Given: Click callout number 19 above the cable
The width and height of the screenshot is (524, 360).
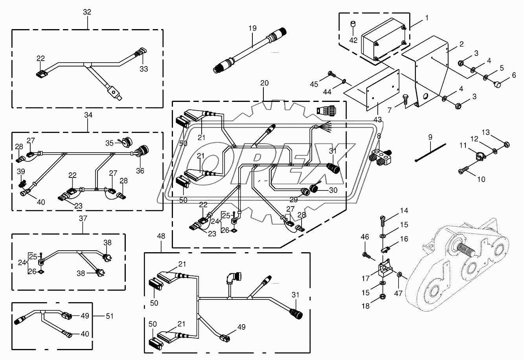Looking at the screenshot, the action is [x=252, y=28].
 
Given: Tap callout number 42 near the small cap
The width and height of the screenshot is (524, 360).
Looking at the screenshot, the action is [x=353, y=40].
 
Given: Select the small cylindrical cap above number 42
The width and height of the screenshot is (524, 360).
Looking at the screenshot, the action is [x=353, y=24].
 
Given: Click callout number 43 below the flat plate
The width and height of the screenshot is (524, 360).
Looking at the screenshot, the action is [x=377, y=120].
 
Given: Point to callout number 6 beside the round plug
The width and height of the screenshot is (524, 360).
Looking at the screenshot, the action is [x=514, y=75].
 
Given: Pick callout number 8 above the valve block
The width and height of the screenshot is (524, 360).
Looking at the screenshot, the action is [x=379, y=136].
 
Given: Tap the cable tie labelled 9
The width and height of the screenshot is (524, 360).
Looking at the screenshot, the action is [x=430, y=153].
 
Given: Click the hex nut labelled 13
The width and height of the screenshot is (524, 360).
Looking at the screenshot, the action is [x=505, y=144].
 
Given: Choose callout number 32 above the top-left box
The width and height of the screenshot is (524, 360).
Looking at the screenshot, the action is [x=87, y=12].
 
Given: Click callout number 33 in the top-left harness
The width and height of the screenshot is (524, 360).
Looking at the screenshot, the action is [x=144, y=69].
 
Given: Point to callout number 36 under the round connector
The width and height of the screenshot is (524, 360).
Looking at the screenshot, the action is [x=140, y=171].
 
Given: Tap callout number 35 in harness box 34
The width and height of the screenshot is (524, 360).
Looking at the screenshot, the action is [x=109, y=143].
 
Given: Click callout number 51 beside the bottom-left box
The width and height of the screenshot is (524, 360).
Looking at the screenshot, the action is [x=110, y=316].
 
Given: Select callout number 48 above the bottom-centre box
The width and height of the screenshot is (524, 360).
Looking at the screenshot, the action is [x=161, y=236].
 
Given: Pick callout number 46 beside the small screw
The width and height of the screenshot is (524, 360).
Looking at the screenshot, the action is [x=365, y=237].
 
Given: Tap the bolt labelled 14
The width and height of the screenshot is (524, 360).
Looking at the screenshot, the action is [x=382, y=220].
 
